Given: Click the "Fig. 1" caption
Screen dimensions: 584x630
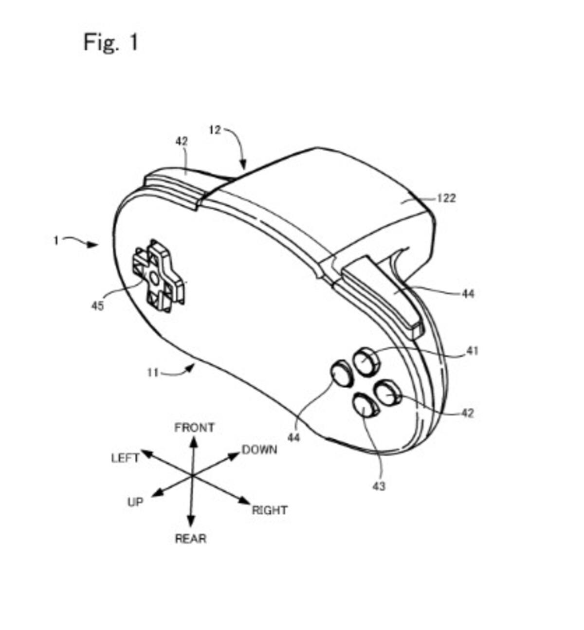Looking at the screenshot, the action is [x=111, y=42].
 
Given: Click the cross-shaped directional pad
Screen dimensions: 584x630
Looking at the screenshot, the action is [x=158, y=276].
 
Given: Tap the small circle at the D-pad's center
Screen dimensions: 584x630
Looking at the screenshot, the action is [x=154, y=278].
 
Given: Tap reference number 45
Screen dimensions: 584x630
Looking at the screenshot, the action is [x=97, y=306].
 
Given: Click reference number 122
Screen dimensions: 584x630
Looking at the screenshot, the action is [x=446, y=198].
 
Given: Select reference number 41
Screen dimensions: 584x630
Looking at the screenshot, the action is [x=472, y=351].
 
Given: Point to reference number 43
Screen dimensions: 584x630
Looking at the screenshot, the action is [x=379, y=486].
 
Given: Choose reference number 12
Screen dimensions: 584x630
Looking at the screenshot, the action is [x=215, y=130].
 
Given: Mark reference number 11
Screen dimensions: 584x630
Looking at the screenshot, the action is [x=153, y=373].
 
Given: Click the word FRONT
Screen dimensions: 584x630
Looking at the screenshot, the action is [x=195, y=428].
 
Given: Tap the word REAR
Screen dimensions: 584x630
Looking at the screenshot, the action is [x=191, y=539].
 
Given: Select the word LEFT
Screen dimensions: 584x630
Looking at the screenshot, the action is [x=126, y=458].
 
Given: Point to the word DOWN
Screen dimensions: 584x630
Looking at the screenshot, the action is [x=259, y=450].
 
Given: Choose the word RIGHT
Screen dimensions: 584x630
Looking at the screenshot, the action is [x=270, y=510].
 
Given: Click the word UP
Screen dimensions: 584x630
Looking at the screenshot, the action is [x=135, y=502].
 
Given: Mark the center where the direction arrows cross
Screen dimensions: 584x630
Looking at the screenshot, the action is [x=192, y=475].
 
